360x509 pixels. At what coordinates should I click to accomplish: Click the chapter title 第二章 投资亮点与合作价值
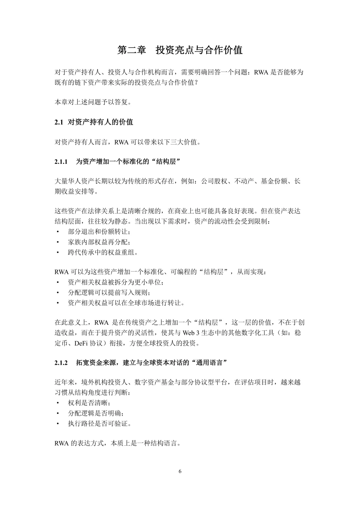(180, 50)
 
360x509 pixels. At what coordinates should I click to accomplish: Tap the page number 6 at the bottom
(180, 471)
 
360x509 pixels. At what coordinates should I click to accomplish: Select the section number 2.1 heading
(59, 122)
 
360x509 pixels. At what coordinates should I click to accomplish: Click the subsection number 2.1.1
(61, 162)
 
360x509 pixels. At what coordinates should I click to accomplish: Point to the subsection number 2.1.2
(61, 362)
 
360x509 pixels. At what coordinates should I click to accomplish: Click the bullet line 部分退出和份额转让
(99, 232)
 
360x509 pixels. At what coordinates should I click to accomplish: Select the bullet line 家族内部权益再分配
(99, 242)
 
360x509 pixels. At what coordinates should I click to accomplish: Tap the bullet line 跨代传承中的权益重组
(103, 252)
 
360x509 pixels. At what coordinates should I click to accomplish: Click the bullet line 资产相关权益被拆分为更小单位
(116, 282)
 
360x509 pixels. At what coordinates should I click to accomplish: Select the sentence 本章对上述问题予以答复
(93, 102)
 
